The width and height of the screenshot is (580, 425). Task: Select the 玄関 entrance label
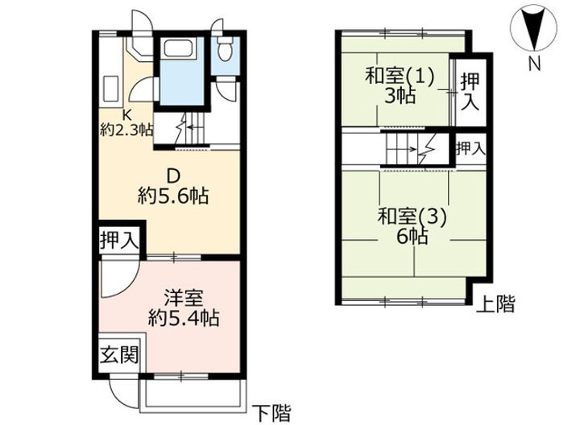[118, 354]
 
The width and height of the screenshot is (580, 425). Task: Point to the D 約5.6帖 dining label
[172, 185]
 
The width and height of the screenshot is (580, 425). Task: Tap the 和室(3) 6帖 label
[412, 226]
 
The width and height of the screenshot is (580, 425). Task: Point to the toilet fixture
[225, 50]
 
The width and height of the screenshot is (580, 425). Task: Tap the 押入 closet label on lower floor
[118, 240]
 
